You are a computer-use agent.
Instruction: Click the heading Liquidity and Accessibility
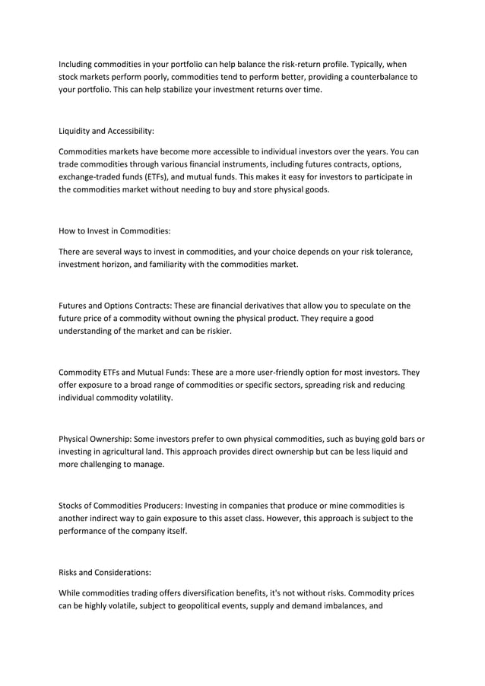point(106,131)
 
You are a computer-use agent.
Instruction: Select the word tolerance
point(393,252)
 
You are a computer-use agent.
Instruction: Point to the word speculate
point(358,306)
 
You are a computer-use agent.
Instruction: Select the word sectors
point(293,386)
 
